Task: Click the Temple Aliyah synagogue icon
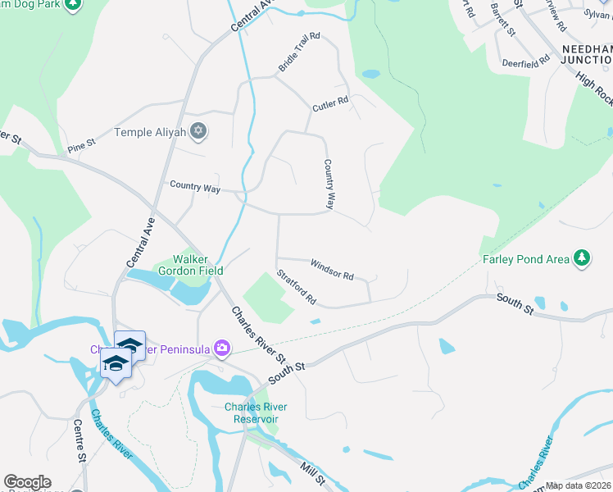pyautogui.click(x=197, y=130)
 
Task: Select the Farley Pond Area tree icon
pyautogui.click(x=582, y=258)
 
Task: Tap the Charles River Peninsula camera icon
pyautogui.click(x=222, y=348)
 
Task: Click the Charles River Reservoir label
pyautogui.click(x=252, y=412)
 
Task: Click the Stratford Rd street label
pyautogui.click(x=297, y=287)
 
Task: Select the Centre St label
pyautogui.click(x=80, y=444)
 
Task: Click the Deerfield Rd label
pyautogui.click(x=525, y=61)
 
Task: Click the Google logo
pyautogui.click(x=27, y=482)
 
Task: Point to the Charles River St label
pyautogui.click(x=258, y=335)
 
